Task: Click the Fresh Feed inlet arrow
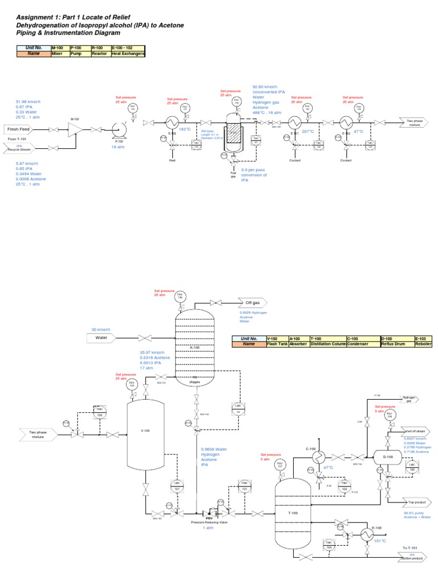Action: click(20, 129)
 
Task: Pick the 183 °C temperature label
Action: click(185, 129)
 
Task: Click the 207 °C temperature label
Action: click(308, 131)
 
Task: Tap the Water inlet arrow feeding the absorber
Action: click(102, 338)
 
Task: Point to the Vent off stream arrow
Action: click(414, 431)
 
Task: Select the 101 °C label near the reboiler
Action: click(380, 541)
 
